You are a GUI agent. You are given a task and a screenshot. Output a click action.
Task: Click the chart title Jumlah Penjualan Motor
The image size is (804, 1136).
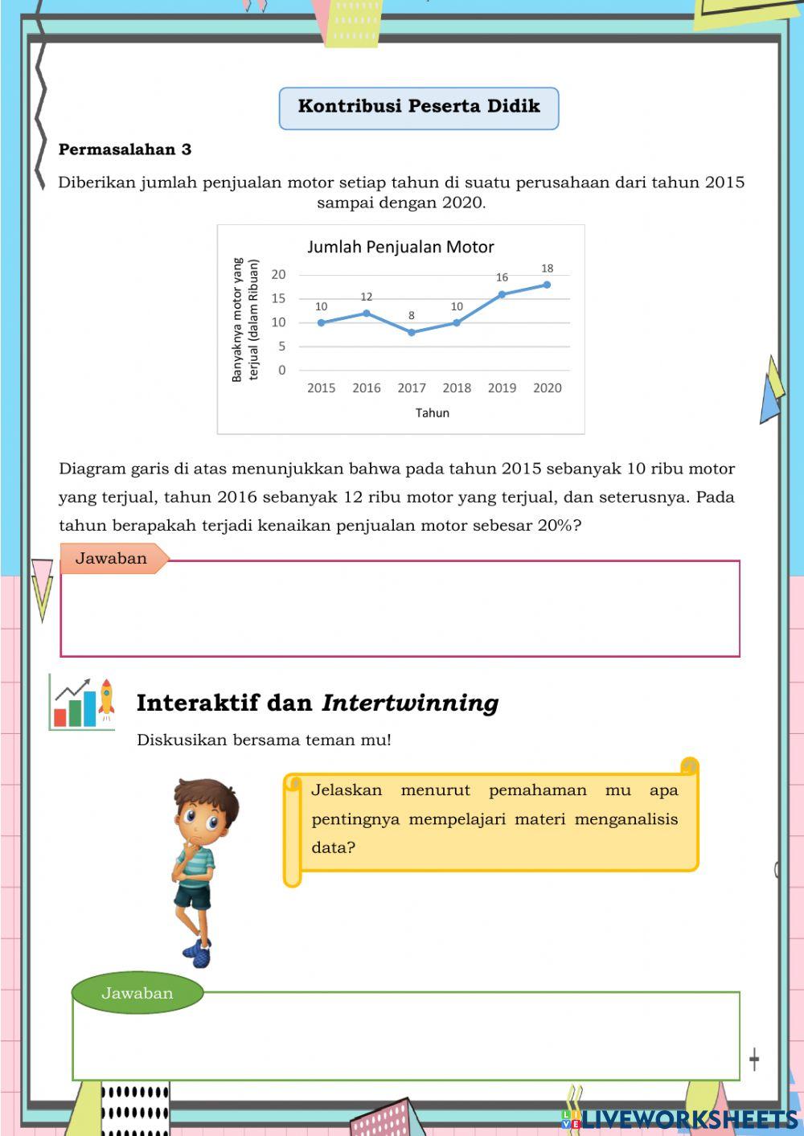coord(400,247)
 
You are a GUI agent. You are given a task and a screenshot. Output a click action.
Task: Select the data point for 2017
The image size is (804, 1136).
coord(412,332)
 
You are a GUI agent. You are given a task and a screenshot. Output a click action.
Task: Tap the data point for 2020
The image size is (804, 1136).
coord(547,285)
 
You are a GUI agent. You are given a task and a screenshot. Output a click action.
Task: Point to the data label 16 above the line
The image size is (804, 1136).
coord(502,277)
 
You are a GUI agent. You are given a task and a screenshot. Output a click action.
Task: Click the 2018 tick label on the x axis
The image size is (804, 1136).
coord(457,388)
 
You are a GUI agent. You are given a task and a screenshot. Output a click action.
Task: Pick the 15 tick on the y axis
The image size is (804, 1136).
coord(278,298)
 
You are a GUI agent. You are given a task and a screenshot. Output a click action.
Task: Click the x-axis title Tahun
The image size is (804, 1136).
coord(433,412)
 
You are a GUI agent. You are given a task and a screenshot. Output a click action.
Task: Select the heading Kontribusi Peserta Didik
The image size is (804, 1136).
coord(418,107)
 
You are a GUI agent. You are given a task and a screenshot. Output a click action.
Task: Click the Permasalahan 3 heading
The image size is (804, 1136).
coord(125,150)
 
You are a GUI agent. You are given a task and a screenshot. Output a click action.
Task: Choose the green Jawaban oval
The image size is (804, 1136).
coord(137,993)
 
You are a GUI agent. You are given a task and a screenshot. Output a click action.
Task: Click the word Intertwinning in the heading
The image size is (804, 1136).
coord(410,703)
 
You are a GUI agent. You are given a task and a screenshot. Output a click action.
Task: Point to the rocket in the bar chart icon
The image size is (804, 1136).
coord(105,699)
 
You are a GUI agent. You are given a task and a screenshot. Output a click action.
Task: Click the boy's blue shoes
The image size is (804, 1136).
coord(197,954)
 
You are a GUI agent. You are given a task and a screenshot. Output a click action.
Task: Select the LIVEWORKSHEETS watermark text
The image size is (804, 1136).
coord(690,1118)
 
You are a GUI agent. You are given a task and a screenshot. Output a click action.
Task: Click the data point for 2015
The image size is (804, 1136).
coord(321,322)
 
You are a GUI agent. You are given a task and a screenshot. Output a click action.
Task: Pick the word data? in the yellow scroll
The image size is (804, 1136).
coord(333,847)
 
